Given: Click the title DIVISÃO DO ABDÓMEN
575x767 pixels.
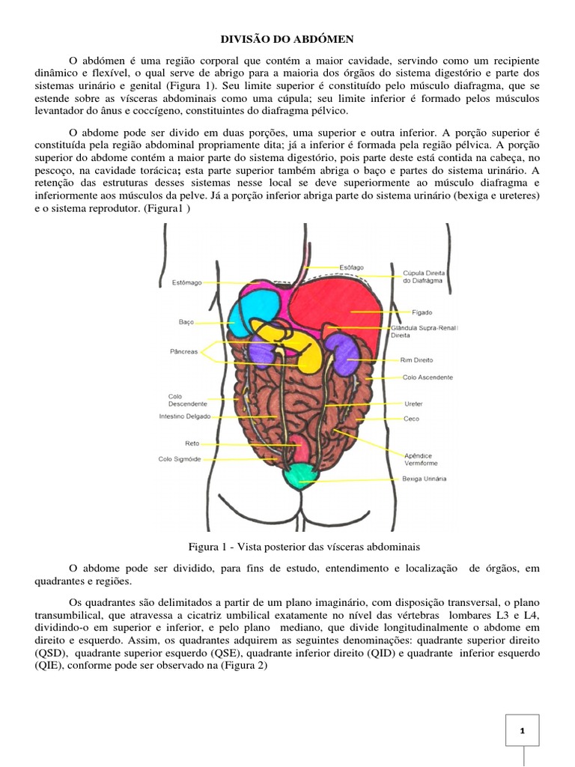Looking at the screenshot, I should (x=287, y=37).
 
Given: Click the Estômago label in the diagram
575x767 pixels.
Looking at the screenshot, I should (x=187, y=282).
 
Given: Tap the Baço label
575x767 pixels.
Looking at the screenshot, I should (x=186, y=321).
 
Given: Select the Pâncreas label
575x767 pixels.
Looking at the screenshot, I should (x=183, y=351).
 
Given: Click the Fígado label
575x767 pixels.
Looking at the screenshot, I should (x=422, y=312).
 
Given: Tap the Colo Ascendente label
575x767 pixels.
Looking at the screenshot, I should (x=427, y=378).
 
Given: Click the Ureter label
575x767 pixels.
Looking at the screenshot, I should (x=413, y=404).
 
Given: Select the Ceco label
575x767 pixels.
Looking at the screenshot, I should (x=411, y=419).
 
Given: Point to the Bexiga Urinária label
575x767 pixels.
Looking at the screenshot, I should (x=425, y=478).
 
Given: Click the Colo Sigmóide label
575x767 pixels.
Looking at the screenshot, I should (x=179, y=459).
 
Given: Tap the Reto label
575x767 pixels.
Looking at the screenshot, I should (x=192, y=443).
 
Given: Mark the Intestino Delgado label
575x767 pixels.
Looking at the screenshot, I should (x=185, y=416).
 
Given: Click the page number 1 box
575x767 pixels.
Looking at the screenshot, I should (x=521, y=730).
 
